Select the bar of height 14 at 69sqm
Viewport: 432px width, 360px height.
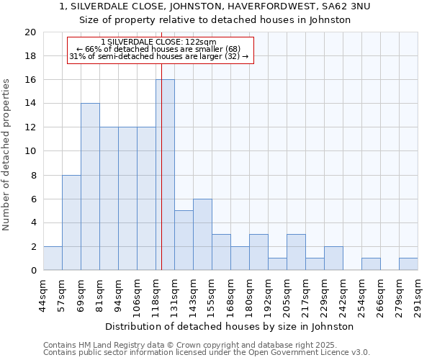[x=90, y=186]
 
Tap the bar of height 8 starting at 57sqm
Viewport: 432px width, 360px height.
[x=71, y=222]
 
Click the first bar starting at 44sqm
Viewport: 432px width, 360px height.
[x=53, y=258]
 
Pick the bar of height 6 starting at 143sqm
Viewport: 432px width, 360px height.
[x=202, y=235]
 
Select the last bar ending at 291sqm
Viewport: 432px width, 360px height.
[x=408, y=264]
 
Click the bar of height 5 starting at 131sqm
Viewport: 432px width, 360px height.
[x=184, y=240]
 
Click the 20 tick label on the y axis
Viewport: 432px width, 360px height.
[x=30, y=32]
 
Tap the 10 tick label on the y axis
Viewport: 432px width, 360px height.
[x=30, y=151]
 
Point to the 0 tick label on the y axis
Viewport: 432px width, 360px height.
[x=33, y=271]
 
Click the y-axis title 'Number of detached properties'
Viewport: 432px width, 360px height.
[x=7, y=155]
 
